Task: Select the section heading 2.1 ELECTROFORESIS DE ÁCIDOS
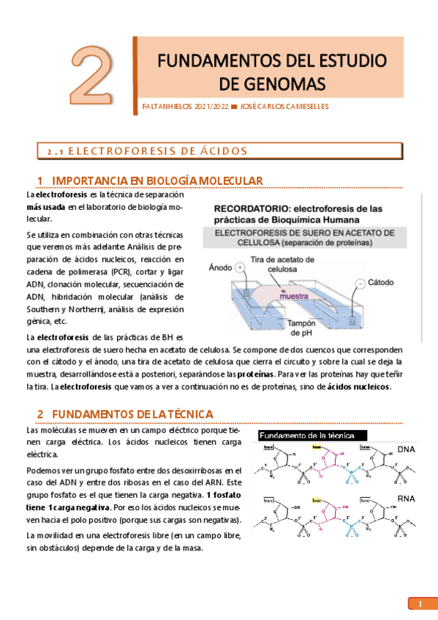(147, 151)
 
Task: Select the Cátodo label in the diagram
(380, 281)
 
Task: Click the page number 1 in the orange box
(420, 604)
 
